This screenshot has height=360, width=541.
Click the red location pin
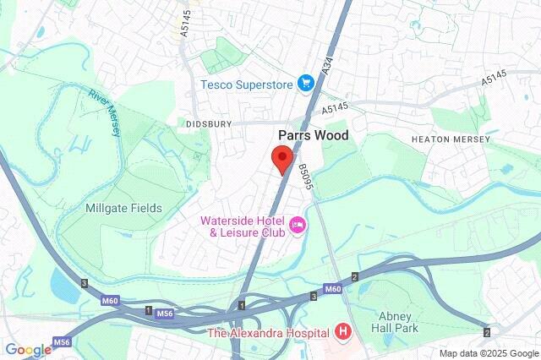(281, 158)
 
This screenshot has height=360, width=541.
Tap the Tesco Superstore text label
(246, 84)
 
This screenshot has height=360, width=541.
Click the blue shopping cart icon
(306, 84)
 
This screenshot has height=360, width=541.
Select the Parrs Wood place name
(314, 134)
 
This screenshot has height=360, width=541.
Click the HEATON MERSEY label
(450, 139)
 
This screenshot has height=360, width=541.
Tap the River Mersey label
(103, 111)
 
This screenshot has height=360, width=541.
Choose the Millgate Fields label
(123, 208)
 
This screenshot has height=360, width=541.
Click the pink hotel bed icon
(297, 225)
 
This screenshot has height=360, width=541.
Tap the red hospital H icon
(343, 331)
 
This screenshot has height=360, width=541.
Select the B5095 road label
(303, 179)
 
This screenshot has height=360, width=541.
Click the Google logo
(28, 349)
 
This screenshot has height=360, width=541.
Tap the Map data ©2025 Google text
(488, 352)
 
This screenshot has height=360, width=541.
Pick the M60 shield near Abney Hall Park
(332, 289)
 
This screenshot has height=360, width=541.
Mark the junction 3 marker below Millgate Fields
(84, 283)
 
